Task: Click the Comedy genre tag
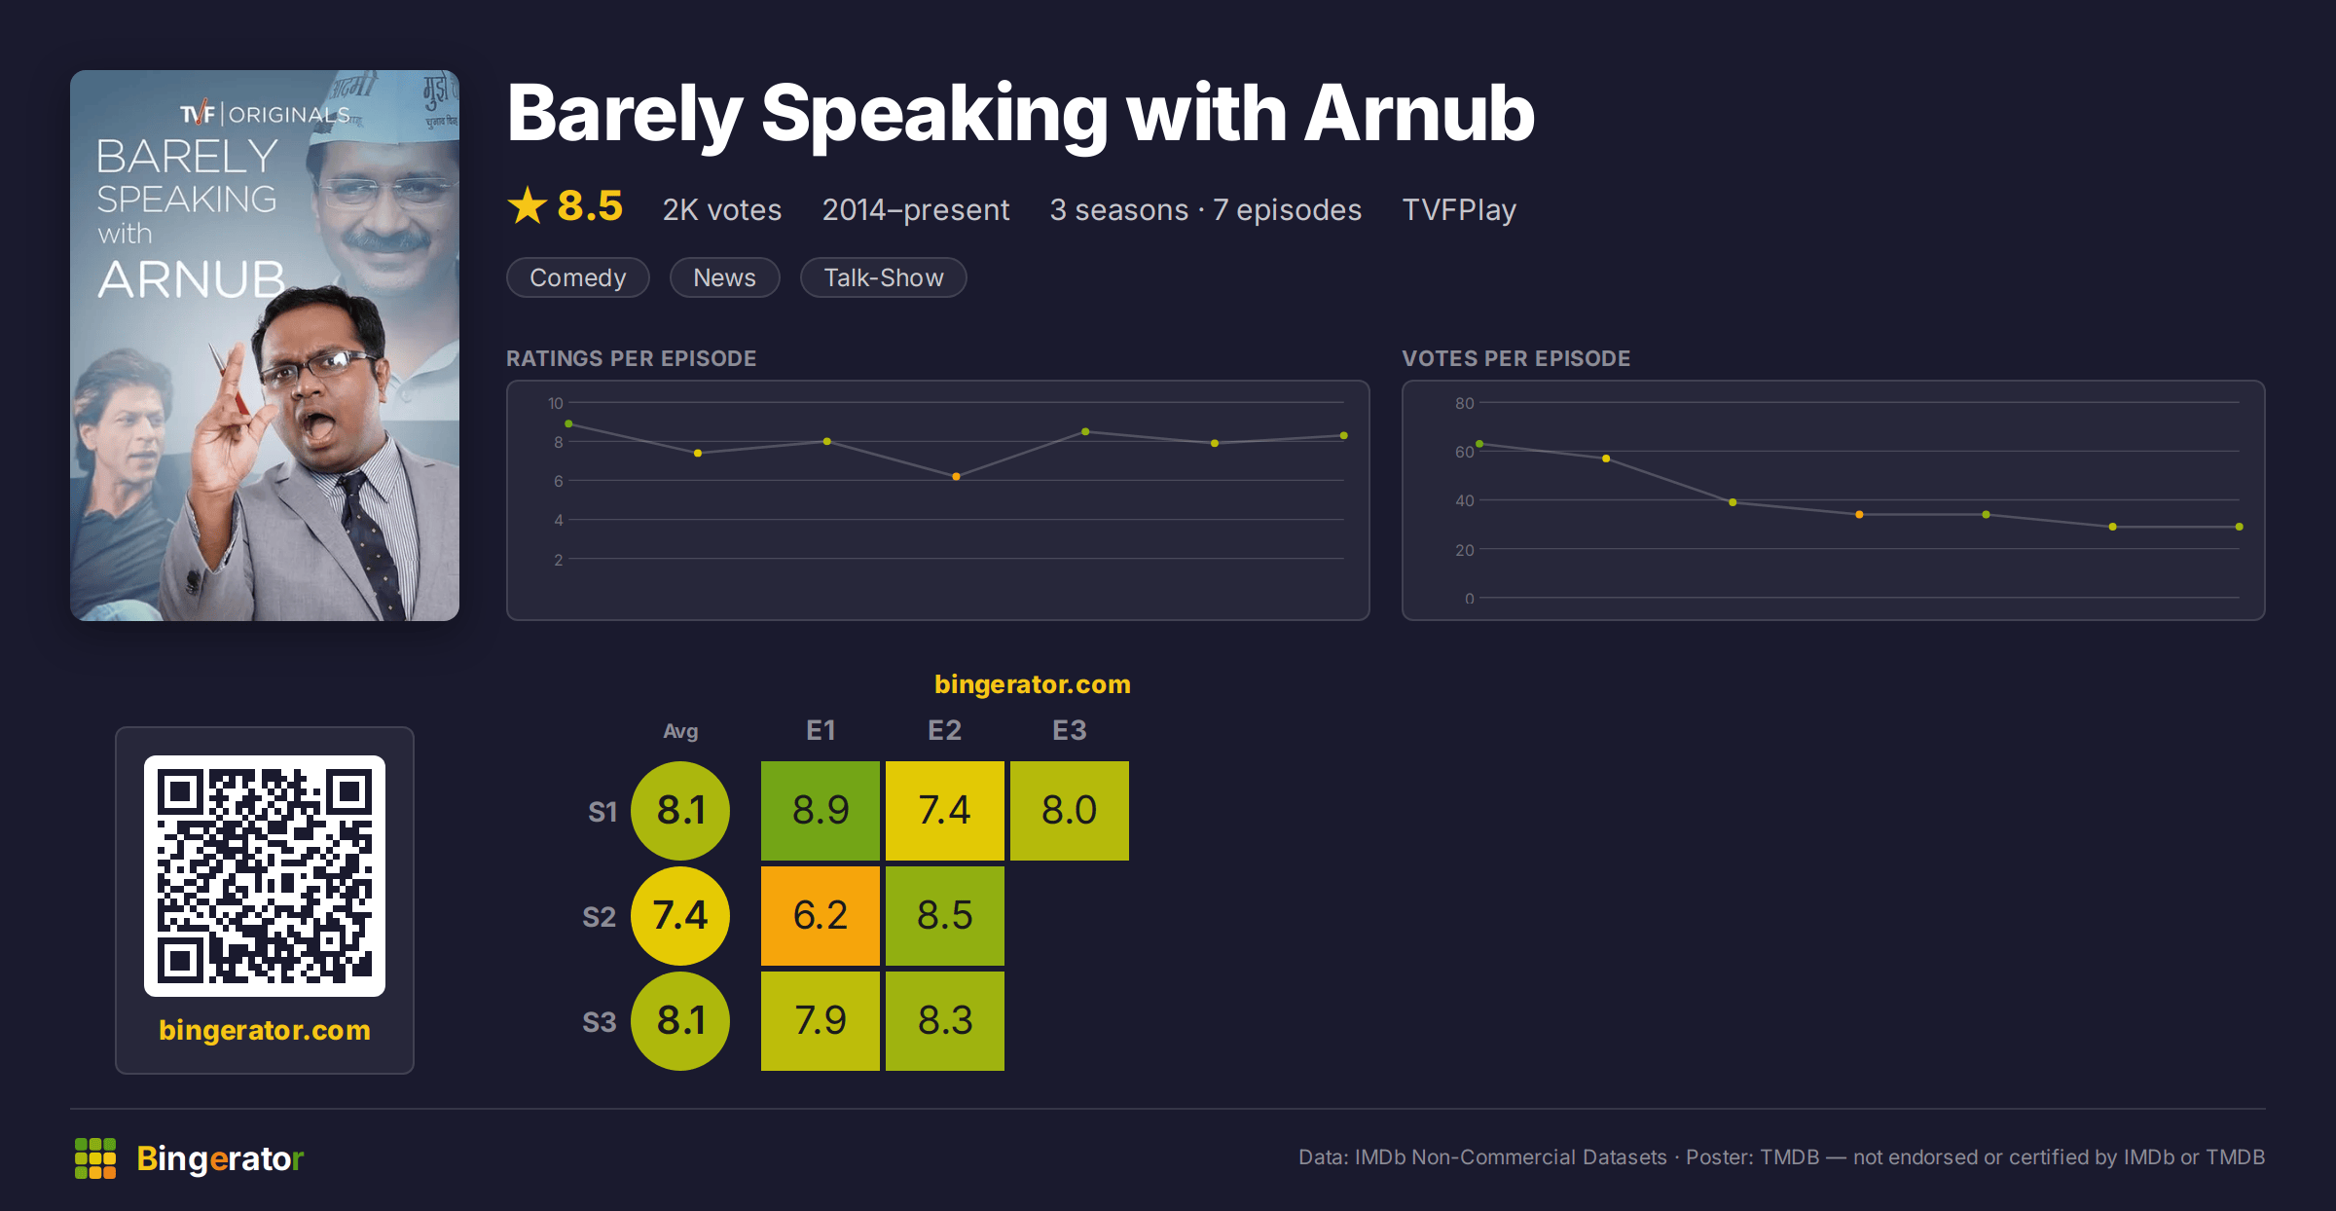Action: pos(577,277)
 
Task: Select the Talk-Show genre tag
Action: pos(883,277)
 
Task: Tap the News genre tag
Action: pos(724,277)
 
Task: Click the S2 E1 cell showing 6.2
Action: pos(821,916)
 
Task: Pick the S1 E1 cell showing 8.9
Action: pos(821,811)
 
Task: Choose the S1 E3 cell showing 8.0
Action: pos(1070,811)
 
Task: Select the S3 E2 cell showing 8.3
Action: pos(945,1021)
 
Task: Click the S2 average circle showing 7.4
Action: pos(680,916)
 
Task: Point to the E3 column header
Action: pos(1070,730)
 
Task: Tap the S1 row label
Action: pos(602,812)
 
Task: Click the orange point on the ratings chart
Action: pos(956,477)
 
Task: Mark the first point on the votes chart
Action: pos(1479,444)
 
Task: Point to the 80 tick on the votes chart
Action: pos(1465,403)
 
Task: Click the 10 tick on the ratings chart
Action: pos(556,403)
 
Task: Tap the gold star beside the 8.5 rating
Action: pos(528,205)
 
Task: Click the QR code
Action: pos(265,876)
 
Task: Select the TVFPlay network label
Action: pos(1459,210)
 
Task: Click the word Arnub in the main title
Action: pos(1419,114)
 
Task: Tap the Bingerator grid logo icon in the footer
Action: pos(95,1158)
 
